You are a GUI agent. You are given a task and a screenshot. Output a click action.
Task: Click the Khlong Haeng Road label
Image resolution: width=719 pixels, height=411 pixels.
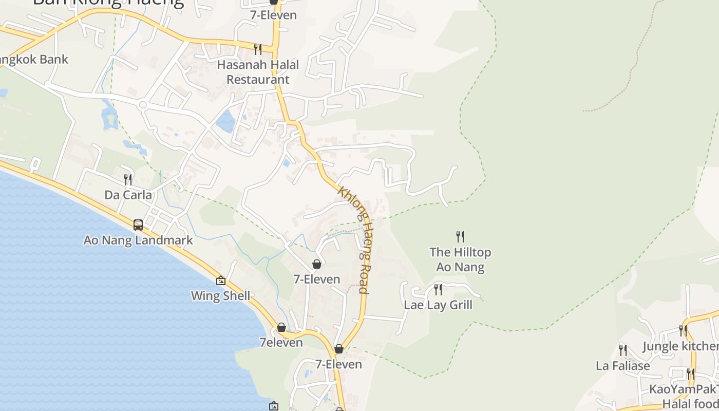click(x=354, y=239)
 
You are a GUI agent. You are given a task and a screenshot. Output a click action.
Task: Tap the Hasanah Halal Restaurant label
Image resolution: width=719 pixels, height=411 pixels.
click(x=258, y=72)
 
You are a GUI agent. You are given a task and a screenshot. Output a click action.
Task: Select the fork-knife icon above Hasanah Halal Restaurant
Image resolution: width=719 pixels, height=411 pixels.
click(x=258, y=49)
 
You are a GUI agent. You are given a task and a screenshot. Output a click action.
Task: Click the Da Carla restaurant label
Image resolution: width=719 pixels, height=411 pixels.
click(x=128, y=195)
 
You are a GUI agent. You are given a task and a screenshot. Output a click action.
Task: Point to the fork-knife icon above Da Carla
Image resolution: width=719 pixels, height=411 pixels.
click(x=128, y=179)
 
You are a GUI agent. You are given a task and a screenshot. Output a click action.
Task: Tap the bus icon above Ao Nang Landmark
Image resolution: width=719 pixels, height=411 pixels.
click(x=138, y=225)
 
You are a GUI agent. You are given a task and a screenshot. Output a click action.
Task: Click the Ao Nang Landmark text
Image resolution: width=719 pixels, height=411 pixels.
click(x=138, y=240)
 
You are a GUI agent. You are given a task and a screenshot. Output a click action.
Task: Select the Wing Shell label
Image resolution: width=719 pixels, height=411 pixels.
click(x=221, y=295)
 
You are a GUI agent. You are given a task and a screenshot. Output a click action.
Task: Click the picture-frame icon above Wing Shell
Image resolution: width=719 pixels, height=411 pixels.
click(x=221, y=280)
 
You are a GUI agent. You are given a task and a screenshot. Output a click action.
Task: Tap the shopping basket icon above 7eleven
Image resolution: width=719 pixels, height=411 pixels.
click(x=281, y=327)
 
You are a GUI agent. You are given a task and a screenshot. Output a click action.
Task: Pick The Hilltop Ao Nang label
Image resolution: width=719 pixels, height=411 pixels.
click(x=460, y=259)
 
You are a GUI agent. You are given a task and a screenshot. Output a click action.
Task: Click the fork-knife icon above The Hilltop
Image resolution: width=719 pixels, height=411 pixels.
click(x=460, y=236)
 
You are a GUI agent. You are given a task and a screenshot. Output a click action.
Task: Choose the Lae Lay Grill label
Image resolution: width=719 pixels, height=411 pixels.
click(x=438, y=305)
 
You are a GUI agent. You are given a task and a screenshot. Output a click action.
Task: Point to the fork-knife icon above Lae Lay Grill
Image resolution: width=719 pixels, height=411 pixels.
click(x=438, y=289)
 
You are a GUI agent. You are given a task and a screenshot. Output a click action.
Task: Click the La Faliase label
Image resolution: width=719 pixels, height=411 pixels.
click(x=622, y=366)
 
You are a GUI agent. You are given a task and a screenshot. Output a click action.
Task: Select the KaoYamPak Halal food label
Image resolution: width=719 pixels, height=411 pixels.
click(x=683, y=396)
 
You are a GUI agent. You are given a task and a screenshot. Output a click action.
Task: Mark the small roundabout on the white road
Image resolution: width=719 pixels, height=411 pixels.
click(x=143, y=105)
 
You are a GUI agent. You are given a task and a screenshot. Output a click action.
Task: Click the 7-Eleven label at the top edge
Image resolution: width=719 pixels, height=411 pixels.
click(x=273, y=15)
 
